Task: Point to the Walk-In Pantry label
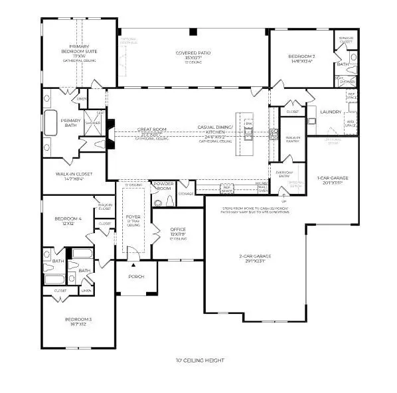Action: [293, 139]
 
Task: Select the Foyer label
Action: [134, 217]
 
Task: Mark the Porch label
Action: [136, 277]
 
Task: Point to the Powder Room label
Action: [163, 186]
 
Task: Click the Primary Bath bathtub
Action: [51, 122]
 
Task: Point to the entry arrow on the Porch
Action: [131, 250]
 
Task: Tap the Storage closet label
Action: [186, 194]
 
